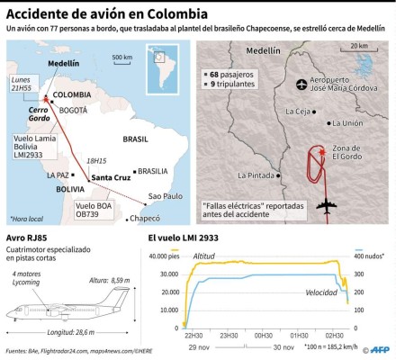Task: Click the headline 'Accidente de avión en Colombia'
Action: tap(105, 15)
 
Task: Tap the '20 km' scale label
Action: tap(359, 46)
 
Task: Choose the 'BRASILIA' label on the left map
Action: tap(154, 169)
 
